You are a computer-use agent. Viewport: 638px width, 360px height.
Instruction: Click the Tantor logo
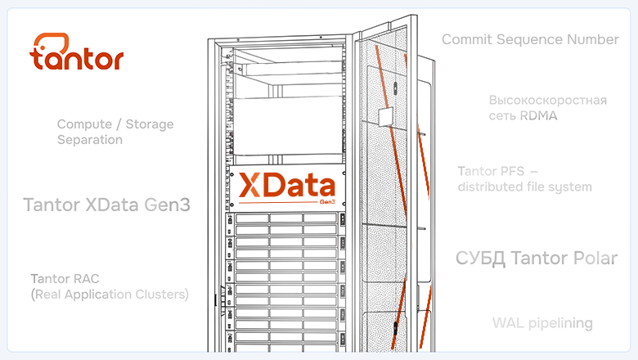[x=77, y=52]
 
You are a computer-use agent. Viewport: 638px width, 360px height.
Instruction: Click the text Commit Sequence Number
[x=530, y=39]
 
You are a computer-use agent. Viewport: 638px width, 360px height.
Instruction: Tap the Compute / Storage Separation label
[x=115, y=132]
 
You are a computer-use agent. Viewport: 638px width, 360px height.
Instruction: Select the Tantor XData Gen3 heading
[x=106, y=205]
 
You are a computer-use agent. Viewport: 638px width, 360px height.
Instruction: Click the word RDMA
[x=538, y=116]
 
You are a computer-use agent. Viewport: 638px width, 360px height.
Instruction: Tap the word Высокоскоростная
[x=548, y=100]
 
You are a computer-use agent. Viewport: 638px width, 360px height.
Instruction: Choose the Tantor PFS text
[x=491, y=171]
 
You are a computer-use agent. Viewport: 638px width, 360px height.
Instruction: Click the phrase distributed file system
[x=524, y=187]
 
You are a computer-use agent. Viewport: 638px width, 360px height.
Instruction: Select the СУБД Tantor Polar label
[x=537, y=258]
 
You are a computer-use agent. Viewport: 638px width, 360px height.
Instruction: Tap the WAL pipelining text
[x=542, y=323]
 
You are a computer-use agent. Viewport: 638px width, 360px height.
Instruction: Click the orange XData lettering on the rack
[x=287, y=185]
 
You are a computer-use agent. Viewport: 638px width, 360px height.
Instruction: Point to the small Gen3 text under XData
[x=327, y=202]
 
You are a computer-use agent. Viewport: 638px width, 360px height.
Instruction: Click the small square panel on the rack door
[x=386, y=117]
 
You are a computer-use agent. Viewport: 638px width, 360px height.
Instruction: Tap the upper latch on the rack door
[x=395, y=88]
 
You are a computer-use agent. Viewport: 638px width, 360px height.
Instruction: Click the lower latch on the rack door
[x=395, y=328]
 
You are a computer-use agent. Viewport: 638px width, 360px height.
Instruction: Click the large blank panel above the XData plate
[x=288, y=125]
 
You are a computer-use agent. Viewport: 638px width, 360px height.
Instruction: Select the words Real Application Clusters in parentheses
[x=110, y=294]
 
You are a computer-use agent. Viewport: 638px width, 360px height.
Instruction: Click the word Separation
[x=89, y=140]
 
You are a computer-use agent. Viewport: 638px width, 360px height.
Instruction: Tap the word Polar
[x=595, y=258]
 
